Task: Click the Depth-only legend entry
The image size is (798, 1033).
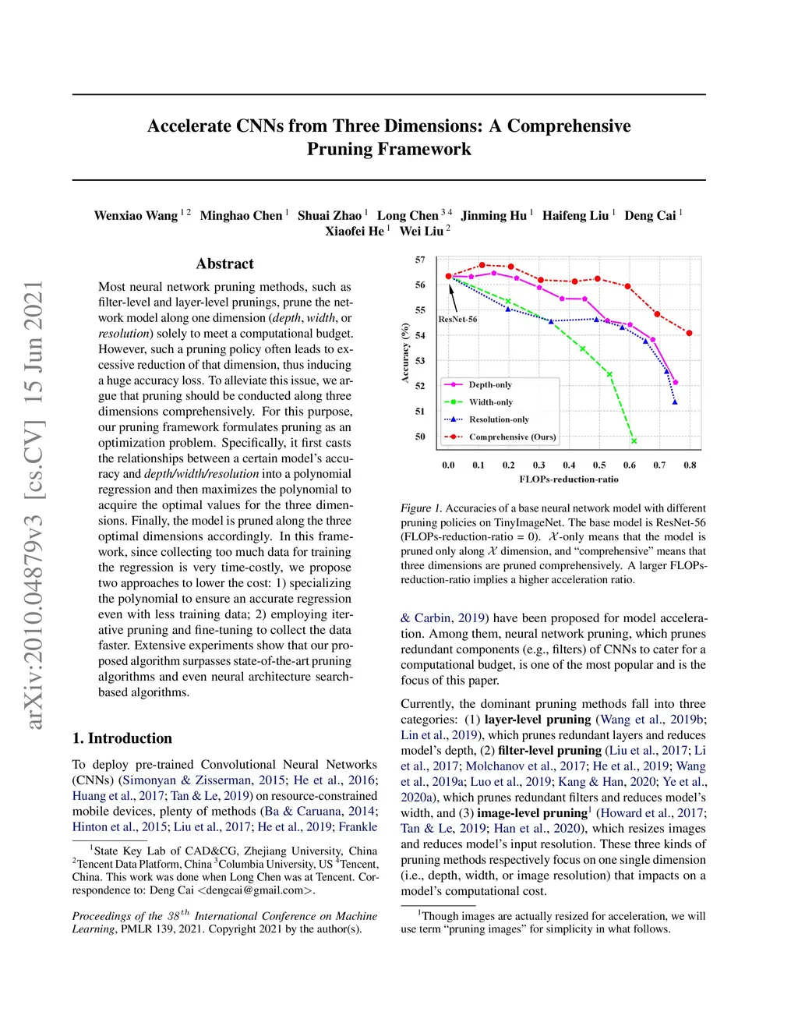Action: click(489, 385)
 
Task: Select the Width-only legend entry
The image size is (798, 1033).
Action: click(490, 402)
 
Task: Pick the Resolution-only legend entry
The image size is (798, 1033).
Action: click(498, 419)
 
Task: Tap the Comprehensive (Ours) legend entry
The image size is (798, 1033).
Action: click(512, 437)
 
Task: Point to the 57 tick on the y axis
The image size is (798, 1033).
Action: click(420, 260)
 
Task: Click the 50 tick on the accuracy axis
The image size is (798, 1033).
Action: click(420, 437)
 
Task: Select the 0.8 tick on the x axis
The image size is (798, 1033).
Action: click(690, 465)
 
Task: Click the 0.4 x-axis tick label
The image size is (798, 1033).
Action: click(569, 465)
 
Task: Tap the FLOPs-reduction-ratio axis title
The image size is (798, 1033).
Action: click(569, 479)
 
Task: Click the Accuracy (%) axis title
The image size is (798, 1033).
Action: click(405, 352)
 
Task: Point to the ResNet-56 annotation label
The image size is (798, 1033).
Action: click(457, 319)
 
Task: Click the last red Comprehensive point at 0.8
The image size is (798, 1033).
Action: click(689, 333)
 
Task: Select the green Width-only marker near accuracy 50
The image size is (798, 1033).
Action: click(634, 441)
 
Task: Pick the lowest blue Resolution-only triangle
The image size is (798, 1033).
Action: click(675, 402)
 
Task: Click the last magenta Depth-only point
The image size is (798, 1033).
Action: click(675, 383)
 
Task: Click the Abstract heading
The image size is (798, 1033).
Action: click(225, 264)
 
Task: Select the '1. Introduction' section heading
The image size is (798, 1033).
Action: click(122, 738)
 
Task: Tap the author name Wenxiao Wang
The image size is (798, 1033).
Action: click(136, 216)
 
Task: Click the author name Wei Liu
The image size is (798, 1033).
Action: click(421, 232)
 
